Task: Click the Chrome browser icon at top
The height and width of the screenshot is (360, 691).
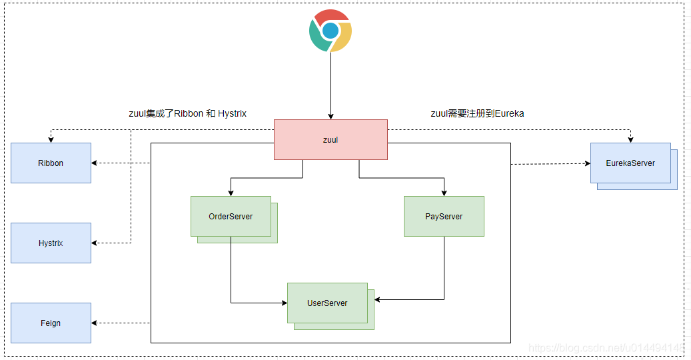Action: (x=331, y=31)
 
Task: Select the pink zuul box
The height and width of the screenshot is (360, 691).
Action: (x=331, y=140)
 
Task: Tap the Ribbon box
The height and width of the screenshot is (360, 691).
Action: (x=51, y=163)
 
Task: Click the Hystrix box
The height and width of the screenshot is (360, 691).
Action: (x=51, y=243)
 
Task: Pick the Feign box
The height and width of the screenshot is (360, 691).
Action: (x=51, y=323)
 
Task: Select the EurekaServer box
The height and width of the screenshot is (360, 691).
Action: (x=630, y=163)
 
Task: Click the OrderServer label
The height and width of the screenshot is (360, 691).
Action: (x=231, y=216)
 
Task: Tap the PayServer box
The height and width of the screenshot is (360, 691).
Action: (x=444, y=216)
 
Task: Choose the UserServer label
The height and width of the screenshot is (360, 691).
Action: (x=327, y=303)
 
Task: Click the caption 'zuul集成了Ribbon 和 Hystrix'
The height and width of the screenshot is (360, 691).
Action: (x=187, y=113)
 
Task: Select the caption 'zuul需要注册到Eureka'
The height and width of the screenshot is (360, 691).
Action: (x=477, y=113)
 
